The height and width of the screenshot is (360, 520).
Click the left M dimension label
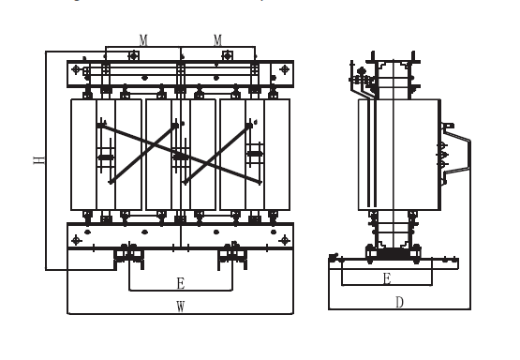coord(143,40)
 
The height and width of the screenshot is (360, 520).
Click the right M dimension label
coord(217,40)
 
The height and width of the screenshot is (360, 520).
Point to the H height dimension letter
coord(39,160)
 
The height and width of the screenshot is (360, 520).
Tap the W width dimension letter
coord(181,307)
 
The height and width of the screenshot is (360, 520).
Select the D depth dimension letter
coord(400,302)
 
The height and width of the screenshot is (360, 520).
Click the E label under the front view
coord(181,283)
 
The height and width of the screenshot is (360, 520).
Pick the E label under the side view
coord(387,278)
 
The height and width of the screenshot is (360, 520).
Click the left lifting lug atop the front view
coord(134,55)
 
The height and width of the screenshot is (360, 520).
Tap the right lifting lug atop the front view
coord(227,55)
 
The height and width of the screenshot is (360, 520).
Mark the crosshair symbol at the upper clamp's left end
coord(76,69)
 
